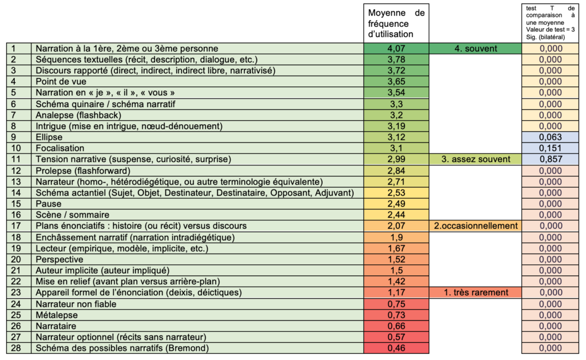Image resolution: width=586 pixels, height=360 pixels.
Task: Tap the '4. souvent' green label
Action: pyautogui.click(x=475, y=49)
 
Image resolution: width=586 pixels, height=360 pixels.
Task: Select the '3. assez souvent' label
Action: pyautogui.click(x=475, y=159)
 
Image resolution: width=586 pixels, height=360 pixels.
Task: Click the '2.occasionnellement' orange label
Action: pyautogui.click(x=475, y=226)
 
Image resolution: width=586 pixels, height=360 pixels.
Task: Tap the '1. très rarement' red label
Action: pyautogui.click(x=475, y=292)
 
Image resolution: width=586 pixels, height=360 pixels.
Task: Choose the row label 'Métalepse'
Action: pyautogui.click(x=57, y=315)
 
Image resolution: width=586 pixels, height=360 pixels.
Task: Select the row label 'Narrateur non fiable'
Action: pyautogui.click(x=76, y=304)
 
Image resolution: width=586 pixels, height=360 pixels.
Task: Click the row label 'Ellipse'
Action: pyautogui.click(x=49, y=137)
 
